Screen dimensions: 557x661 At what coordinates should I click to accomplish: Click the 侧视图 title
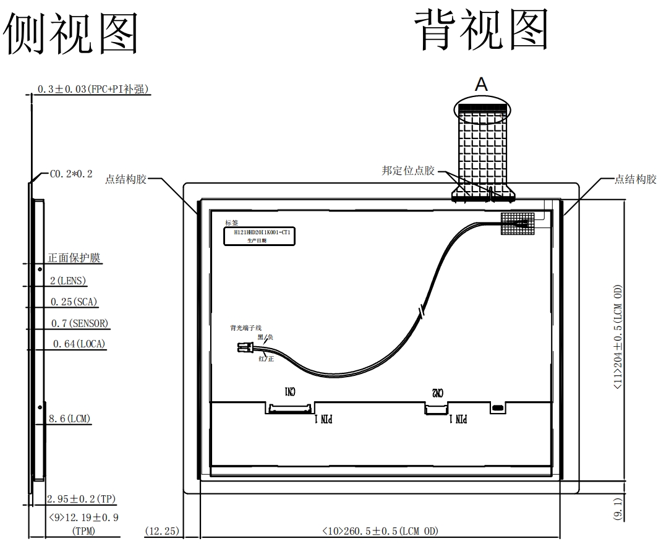click(x=71, y=31)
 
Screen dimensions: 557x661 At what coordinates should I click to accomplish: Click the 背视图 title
click(x=480, y=30)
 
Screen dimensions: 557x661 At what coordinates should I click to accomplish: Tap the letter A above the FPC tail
click(x=480, y=85)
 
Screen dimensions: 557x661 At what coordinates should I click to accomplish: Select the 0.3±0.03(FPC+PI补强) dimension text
click(x=93, y=89)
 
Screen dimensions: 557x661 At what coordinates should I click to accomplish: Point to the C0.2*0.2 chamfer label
click(x=70, y=174)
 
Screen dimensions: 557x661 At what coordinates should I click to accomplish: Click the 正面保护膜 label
click(x=74, y=258)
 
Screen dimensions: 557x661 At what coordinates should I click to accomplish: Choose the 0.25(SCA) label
click(x=75, y=302)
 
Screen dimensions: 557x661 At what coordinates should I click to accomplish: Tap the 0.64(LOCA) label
click(x=79, y=344)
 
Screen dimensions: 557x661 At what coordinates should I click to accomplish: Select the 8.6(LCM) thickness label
click(x=70, y=419)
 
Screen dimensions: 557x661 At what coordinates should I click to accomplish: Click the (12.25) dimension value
click(x=161, y=530)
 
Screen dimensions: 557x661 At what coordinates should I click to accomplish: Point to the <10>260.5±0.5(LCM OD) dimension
click(x=380, y=530)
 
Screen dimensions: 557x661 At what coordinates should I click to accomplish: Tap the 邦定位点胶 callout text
click(x=408, y=171)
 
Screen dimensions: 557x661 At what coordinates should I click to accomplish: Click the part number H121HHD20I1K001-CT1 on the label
click(x=262, y=232)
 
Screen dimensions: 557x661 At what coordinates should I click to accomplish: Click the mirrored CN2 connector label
click(x=437, y=393)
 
